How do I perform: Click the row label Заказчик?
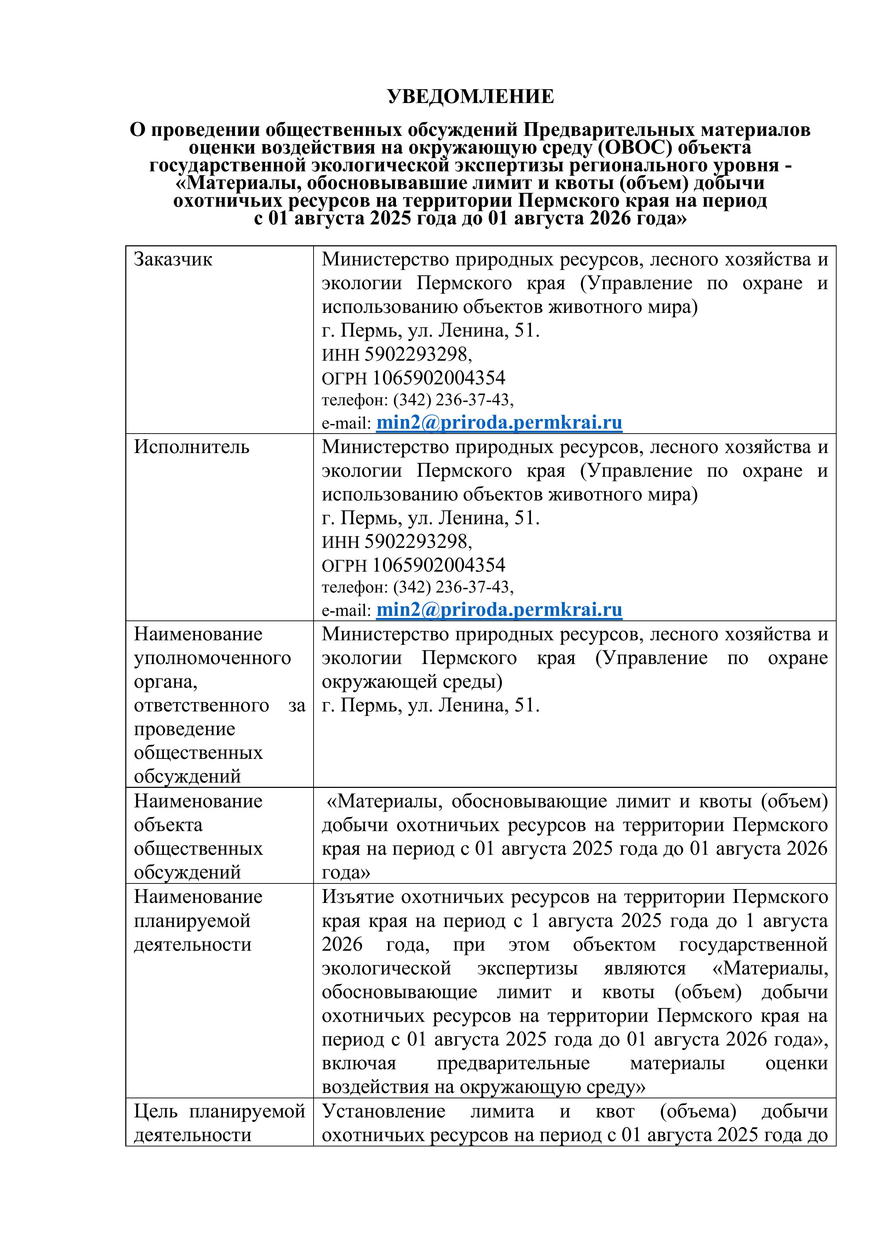173,260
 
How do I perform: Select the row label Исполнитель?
191,447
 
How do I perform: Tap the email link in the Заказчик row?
499,423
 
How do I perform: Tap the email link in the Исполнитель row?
499,609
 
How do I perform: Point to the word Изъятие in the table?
356,897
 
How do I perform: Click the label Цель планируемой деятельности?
219,1123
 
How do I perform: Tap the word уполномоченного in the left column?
212,658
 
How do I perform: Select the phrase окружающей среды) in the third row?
412,682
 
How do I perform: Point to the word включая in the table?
358,1064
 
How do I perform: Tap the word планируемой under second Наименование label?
192,921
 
